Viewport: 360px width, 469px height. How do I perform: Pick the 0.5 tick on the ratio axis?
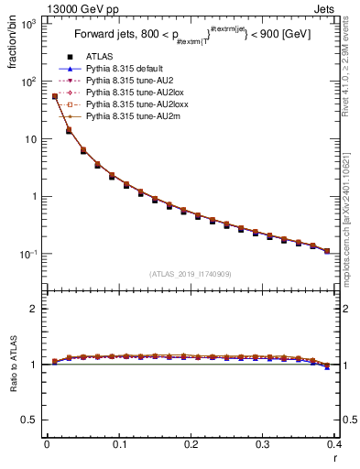[x=32, y=420]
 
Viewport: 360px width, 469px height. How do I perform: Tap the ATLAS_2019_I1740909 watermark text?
[x=191, y=274]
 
